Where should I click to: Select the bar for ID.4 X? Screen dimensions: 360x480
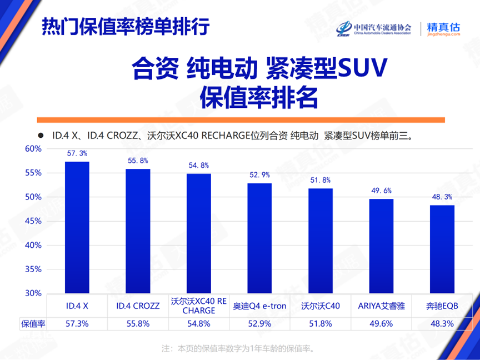click(x=77, y=227)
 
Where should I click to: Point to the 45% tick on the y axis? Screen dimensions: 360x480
click(x=34, y=221)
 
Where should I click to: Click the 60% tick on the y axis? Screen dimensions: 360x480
click(x=34, y=149)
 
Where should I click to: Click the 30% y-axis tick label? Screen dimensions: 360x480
click(x=34, y=293)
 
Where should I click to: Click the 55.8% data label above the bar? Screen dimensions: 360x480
click(x=138, y=161)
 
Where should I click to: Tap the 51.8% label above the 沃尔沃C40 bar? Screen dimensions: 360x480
click(x=321, y=180)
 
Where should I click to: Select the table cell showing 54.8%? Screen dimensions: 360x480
click(x=198, y=323)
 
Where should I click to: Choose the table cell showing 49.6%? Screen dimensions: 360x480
click(x=381, y=323)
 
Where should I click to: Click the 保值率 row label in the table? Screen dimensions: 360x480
click(x=33, y=323)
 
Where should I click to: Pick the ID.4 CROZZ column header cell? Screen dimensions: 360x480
click(x=138, y=306)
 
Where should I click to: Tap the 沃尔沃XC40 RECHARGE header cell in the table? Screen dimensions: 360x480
click(x=198, y=306)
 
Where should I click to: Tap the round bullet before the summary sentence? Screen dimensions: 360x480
click(x=40, y=135)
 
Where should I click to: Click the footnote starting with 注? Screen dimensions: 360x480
click(x=238, y=348)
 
